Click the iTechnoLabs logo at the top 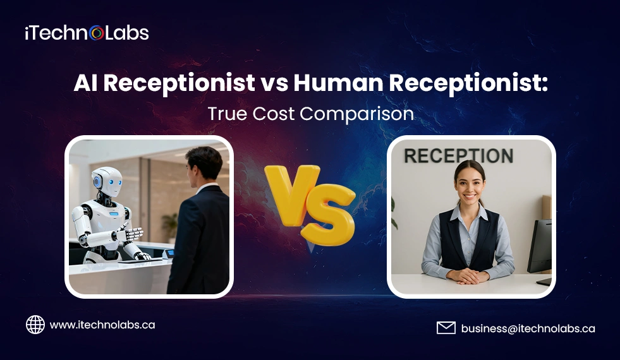pos(87,33)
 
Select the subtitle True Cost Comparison pos(310,114)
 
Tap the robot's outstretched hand pos(130,235)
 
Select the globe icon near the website pos(35,325)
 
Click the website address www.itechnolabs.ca pos(102,325)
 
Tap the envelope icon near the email pos(446,328)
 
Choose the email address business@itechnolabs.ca pos(528,328)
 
